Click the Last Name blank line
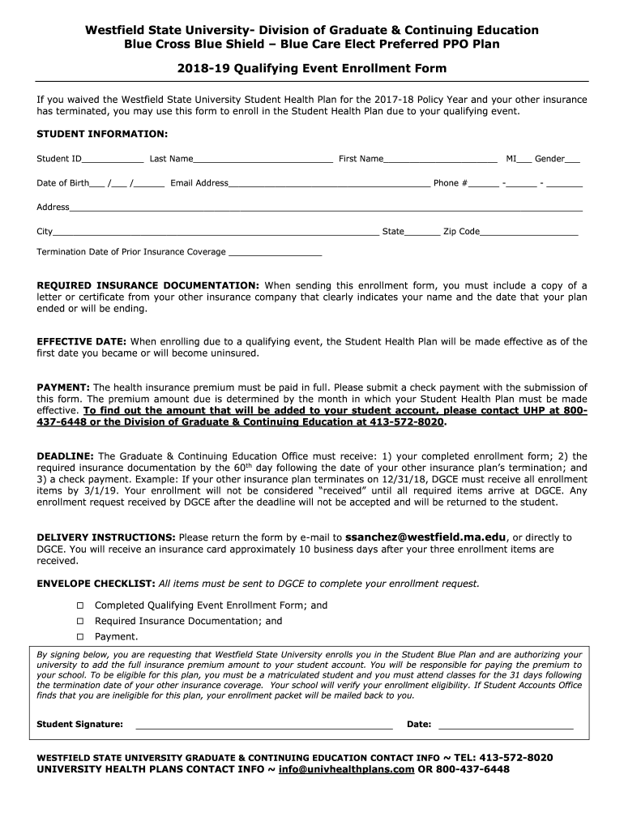pyautogui.click(x=263, y=160)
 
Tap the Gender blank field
pyautogui.click(x=572, y=160)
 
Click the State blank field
pyautogui.click(x=422, y=233)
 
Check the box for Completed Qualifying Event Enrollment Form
pyautogui.click(x=80, y=605)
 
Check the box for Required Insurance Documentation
pyautogui.click(x=80, y=622)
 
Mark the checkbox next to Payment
pyautogui.click(x=80, y=637)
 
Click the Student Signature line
pyautogui.click(x=263, y=725)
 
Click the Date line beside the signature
pyautogui.click(x=505, y=725)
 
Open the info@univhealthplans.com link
pyautogui.click(x=346, y=769)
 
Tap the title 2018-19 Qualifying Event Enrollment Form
pyautogui.click(x=312, y=69)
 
